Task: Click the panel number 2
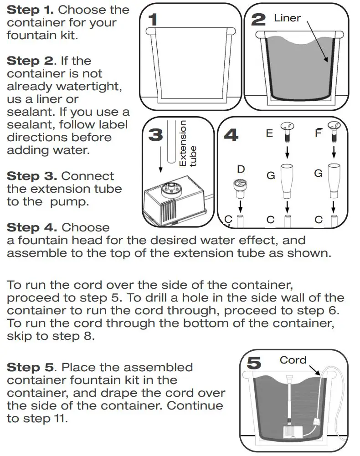point(258,19)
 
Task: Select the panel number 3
point(156,135)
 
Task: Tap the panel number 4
point(231,135)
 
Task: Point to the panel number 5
point(254,363)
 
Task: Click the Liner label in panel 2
point(287,18)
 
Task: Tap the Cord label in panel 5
point(293,360)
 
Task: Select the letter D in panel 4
point(241,169)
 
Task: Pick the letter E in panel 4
point(269,133)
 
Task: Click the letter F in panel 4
point(319,133)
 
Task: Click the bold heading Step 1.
point(31,10)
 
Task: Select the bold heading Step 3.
point(31,176)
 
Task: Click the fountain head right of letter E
point(287,130)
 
